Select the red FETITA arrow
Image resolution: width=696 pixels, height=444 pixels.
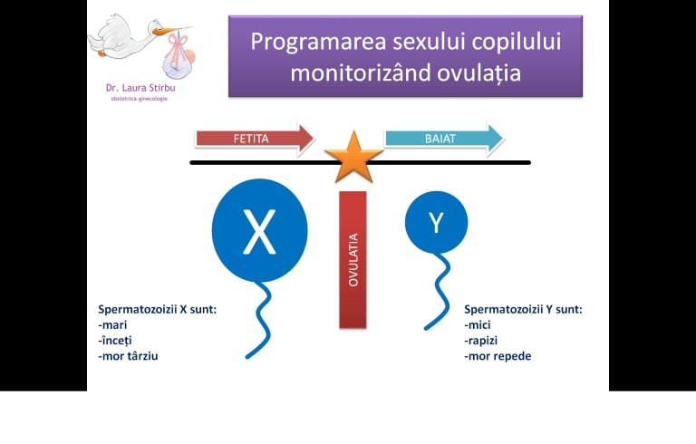click(x=254, y=139)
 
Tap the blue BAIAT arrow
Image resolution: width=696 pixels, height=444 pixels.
click(x=442, y=139)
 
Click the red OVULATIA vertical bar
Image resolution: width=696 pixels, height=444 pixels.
click(x=353, y=259)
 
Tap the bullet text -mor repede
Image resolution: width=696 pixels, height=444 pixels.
click(x=498, y=356)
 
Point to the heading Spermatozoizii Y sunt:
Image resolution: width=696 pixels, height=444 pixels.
click(x=523, y=309)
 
